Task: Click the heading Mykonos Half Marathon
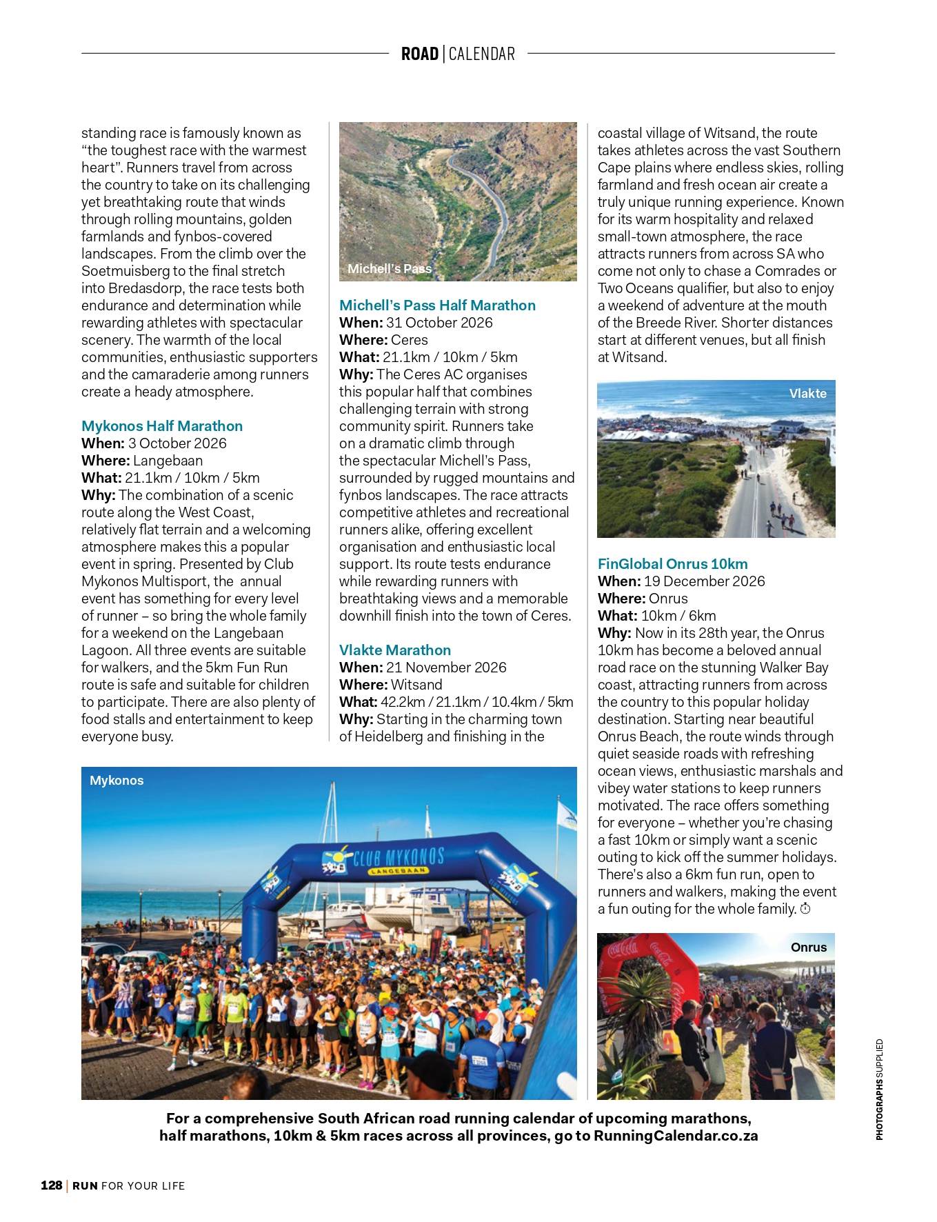tap(162, 426)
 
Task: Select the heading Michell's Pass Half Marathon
tap(437, 305)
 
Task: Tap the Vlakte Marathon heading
tap(395, 650)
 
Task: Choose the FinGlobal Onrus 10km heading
tap(672, 564)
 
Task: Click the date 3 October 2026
tap(177, 443)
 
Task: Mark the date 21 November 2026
tap(446, 668)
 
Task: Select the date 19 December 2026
tap(704, 581)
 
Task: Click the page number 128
tap(51, 1185)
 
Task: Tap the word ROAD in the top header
tap(419, 54)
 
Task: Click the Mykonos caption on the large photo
tap(117, 781)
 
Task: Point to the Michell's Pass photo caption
tap(389, 269)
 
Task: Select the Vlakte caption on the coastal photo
tap(807, 394)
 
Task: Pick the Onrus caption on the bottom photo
tap(808, 948)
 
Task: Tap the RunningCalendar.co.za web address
tap(676, 1136)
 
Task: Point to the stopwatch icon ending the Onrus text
tap(805, 909)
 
